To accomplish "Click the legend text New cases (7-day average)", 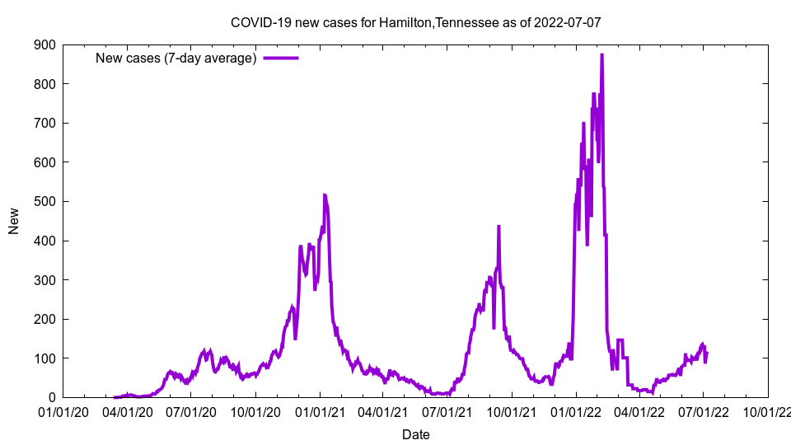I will [176, 58].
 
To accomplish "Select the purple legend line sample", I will [280, 58].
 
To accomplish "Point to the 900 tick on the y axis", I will [44, 44].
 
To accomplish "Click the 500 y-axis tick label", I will [44, 201].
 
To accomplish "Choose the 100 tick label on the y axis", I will [44, 358].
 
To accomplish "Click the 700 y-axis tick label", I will [44, 123].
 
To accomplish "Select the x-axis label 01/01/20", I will [63, 410].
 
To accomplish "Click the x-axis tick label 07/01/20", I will [191, 410].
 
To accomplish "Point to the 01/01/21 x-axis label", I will [320, 410].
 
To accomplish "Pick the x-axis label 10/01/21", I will [512, 410].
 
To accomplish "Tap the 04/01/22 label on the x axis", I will [639, 410].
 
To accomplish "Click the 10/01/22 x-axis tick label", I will [768, 410].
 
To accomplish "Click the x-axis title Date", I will [415, 434].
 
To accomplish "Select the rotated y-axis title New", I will [14, 221].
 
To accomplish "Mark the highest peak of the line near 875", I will [601, 55].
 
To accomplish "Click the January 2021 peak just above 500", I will [324, 195].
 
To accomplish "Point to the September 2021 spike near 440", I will [498, 227].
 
